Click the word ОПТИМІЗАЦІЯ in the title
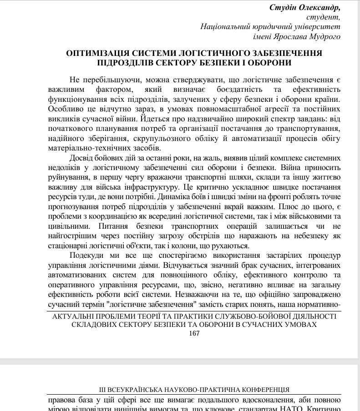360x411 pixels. coord(97,53)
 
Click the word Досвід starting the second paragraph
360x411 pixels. coord(83,158)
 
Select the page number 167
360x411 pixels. coord(194,334)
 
